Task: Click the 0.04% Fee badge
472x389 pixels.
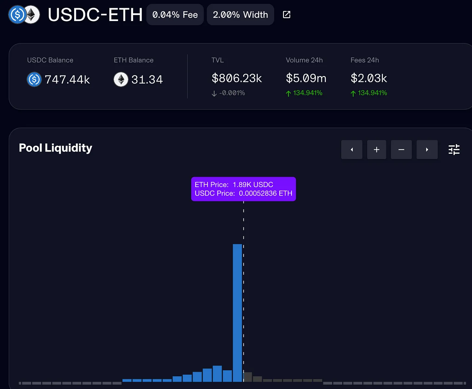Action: tap(175, 15)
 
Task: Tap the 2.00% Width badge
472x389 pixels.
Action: tap(240, 15)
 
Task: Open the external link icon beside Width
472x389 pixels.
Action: tap(287, 15)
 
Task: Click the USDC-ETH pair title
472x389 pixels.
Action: tap(95, 15)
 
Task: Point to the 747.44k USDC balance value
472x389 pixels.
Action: tap(67, 80)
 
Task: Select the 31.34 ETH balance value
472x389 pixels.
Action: tap(147, 80)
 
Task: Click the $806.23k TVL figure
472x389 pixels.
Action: tap(237, 78)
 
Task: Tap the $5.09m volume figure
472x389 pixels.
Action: tap(306, 78)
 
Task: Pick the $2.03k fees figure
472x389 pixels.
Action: tap(369, 78)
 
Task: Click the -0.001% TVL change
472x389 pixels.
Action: tap(232, 93)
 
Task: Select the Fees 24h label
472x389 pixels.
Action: tap(365, 60)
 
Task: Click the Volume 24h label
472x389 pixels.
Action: tap(304, 60)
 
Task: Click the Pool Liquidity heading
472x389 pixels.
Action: tap(55, 148)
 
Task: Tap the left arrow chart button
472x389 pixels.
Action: tap(352, 150)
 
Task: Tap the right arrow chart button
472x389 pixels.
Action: tap(427, 150)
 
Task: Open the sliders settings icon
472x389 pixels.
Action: tap(454, 150)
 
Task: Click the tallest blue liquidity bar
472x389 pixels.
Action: tap(237, 312)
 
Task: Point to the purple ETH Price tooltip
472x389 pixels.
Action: tap(243, 189)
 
